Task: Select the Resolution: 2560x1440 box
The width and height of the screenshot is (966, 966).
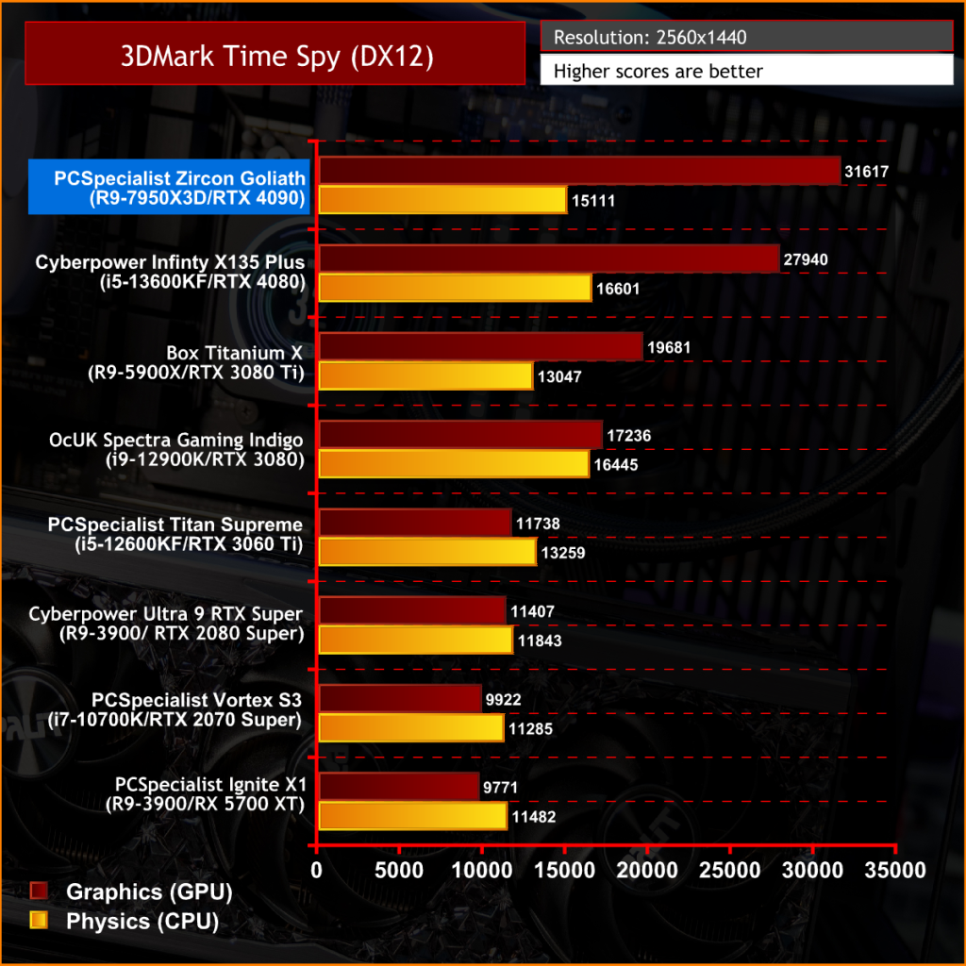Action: coord(746,39)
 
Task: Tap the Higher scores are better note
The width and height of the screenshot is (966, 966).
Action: coord(746,71)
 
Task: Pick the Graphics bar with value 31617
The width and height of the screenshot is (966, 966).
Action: coord(579,170)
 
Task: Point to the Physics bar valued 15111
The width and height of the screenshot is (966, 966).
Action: coord(442,200)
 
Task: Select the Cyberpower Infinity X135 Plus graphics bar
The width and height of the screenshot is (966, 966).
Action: coord(549,258)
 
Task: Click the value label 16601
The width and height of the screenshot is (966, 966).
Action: coord(617,289)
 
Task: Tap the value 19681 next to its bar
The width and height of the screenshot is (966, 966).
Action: coord(669,347)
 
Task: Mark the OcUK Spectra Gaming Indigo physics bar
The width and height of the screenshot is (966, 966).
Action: coord(454,464)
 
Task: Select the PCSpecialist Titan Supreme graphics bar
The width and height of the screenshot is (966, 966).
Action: coord(416,523)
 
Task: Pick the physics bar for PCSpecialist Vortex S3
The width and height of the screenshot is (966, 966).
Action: coord(411,728)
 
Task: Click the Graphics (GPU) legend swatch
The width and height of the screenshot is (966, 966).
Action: coord(40,891)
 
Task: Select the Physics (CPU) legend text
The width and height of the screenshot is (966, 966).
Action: coord(142,922)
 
